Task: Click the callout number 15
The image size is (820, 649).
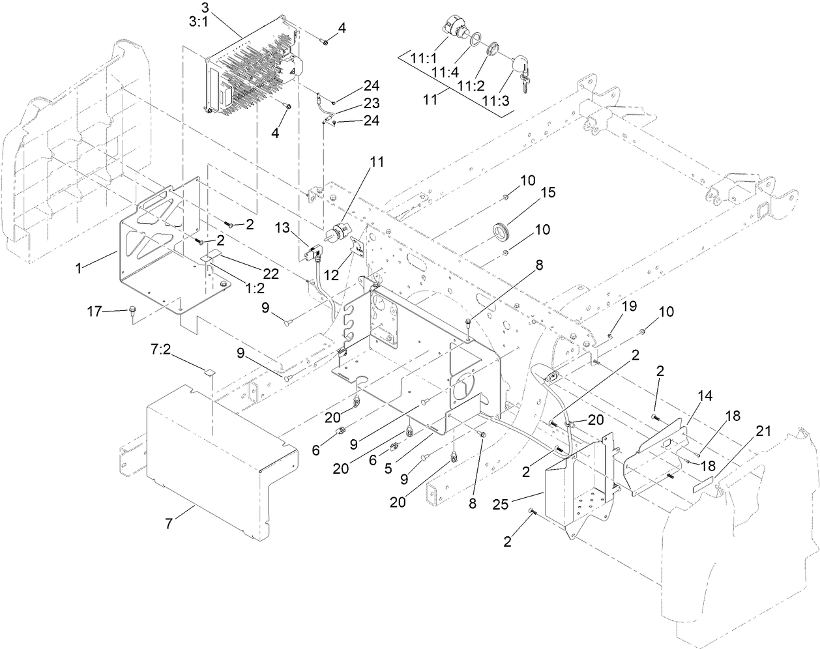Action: tap(548, 193)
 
